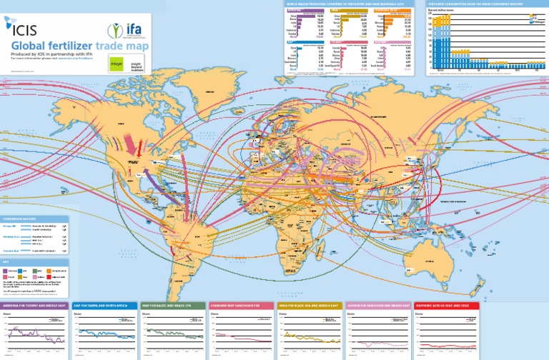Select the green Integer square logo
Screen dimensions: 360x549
pos(116,64)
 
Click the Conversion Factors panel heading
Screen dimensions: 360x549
pos(21,219)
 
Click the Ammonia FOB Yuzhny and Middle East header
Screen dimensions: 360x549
pos(34,305)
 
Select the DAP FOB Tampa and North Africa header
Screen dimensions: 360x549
pos(103,305)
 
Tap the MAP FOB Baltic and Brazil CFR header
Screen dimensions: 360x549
pos(172,305)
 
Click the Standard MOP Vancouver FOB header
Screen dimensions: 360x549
pos(240,305)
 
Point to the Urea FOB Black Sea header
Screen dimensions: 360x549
pos(309,305)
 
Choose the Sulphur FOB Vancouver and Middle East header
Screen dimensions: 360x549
pos(377,305)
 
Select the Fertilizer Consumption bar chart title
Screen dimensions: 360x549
pos(475,4)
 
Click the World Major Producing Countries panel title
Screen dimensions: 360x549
pos(336,4)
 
